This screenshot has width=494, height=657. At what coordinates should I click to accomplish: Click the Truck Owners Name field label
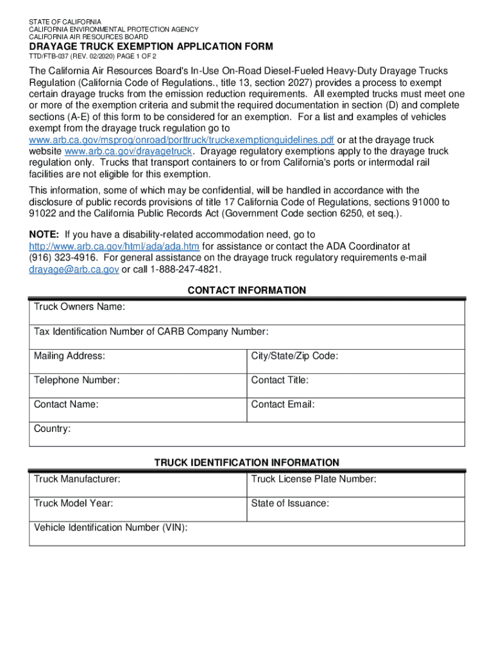pos(79,307)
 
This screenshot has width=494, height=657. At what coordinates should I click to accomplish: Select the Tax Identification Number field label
pos(151,332)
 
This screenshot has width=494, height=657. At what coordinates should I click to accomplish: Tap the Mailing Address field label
pos(69,356)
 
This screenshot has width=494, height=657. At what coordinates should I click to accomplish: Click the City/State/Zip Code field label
pos(294,356)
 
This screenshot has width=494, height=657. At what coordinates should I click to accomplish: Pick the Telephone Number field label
pos(76,380)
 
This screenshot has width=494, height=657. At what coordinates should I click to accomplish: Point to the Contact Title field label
pos(280,380)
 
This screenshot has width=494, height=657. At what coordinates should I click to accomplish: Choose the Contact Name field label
pos(66,405)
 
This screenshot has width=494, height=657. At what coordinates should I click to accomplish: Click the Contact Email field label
pos(283,405)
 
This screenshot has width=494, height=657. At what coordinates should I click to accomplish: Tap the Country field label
pos(53,429)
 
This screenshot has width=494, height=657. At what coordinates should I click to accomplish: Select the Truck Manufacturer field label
pos(77,479)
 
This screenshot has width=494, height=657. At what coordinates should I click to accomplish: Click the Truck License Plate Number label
pos(314,479)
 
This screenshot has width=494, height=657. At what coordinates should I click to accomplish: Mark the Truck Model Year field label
pos(73,504)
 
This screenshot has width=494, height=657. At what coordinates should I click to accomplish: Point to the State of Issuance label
pos(290,504)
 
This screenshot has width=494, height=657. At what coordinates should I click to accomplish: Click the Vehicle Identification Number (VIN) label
pos(110,527)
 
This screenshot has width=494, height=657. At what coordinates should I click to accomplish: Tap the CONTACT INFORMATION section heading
pos(247,291)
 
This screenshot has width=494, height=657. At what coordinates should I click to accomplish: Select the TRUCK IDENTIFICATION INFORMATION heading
pos(247,463)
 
